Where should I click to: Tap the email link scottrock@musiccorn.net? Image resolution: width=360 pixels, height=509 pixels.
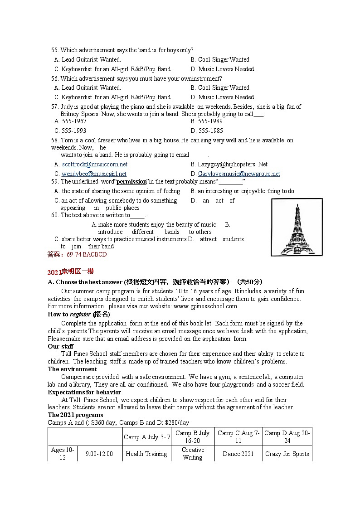pyautogui.click(x=94, y=165)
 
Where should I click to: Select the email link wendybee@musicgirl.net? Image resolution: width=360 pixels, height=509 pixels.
pyautogui.click(x=94, y=174)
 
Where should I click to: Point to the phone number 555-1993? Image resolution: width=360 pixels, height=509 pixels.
pyautogui.click(x=74, y=131)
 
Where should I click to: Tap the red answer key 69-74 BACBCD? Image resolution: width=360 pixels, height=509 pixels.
pyautogui.click(x=86, y=255)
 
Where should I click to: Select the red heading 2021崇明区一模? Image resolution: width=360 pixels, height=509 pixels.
pyautogui.click(x=70, y=272)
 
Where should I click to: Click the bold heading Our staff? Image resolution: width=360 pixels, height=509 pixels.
pyautogui.click(x=61, y=347)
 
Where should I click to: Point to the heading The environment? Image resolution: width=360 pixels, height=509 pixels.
pyautogui.click(x=73, y=369)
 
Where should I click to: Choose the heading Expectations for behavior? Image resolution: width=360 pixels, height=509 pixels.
pyautogui.click(x=84, y=393)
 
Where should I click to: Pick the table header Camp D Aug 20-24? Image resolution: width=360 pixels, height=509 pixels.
pyautogui.click(x=287, y=437)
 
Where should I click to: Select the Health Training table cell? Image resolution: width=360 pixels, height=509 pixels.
pyautogui.click(x=146, y=454)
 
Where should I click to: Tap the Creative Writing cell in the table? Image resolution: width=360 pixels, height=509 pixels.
pyautogui.click(x=193, y=454)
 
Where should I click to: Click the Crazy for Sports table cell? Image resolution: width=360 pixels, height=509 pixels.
pyautogui.click(x=287, y=454)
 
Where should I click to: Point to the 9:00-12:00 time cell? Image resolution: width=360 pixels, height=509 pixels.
pyautogui.click(x=99, y=454)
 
